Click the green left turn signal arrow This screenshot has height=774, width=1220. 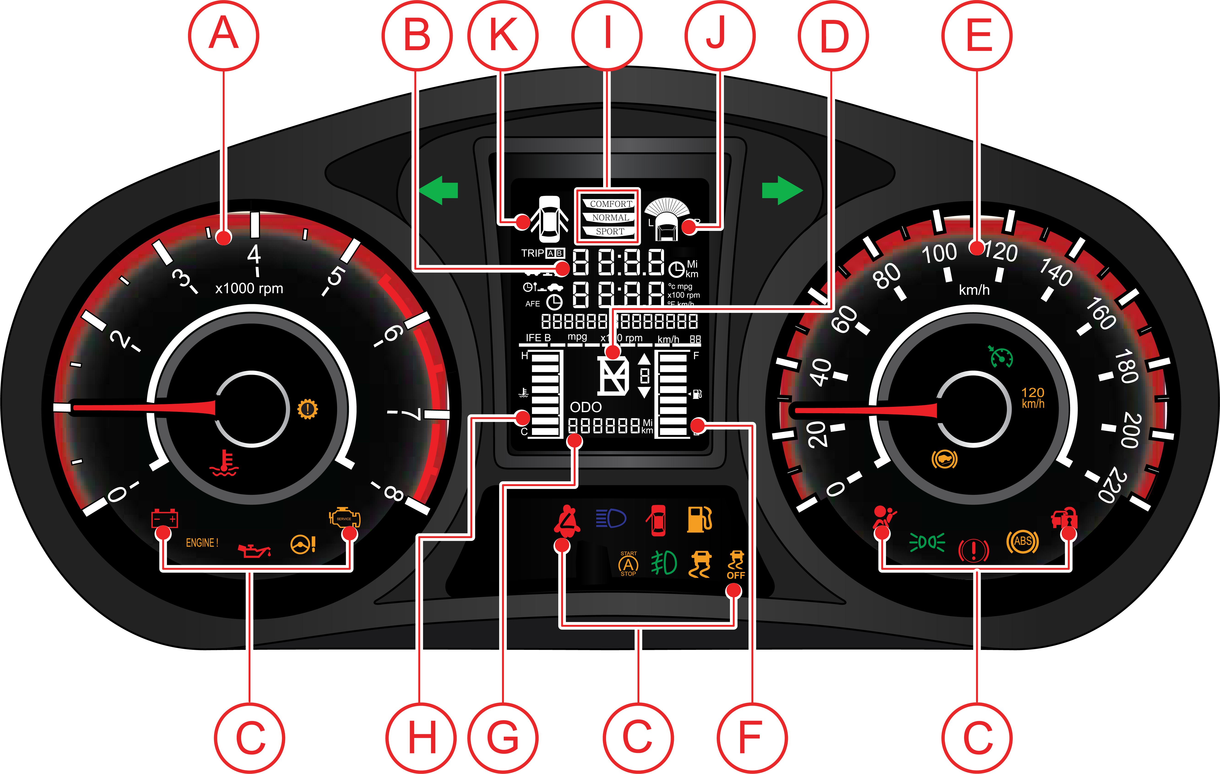click(x=439, y=191)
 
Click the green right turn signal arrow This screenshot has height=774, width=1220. click(x=782, y=191)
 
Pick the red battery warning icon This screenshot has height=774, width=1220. click(x=165, y=518)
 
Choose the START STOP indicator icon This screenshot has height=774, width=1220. click(x=628, y=564)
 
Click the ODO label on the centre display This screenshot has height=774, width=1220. click(x=586, y=407)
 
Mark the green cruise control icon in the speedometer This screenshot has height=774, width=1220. click(x=1001, y=357)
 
